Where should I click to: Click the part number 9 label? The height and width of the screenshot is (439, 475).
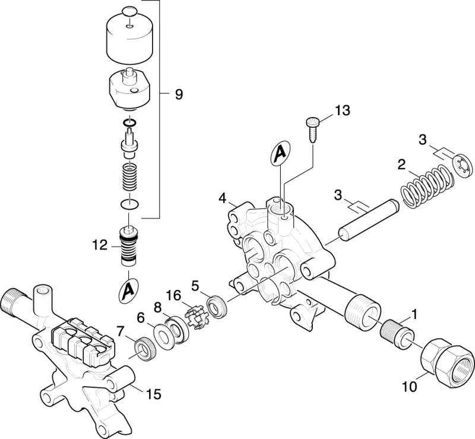[x=179, y=94]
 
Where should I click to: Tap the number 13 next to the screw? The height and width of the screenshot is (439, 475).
[x=343, y=110]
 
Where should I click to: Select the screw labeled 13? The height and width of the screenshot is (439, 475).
[x=312, y=130]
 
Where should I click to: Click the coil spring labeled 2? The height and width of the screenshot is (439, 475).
[x=427, y=187]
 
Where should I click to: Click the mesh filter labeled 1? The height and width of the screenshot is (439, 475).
[x=396, y=335]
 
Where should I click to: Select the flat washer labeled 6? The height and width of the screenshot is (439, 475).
[x=165, y=335]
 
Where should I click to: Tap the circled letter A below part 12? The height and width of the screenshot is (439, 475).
[x=129, y=290]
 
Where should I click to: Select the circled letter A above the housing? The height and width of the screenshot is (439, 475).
[x=280, y=153]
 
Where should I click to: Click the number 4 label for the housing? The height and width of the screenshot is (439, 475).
[x=223, y=198]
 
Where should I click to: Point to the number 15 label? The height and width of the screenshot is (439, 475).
[x=154, y=394]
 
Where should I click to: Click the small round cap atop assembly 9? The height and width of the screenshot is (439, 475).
[x=129, y=14]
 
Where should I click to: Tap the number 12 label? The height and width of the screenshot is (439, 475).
[x=100, y=245]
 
